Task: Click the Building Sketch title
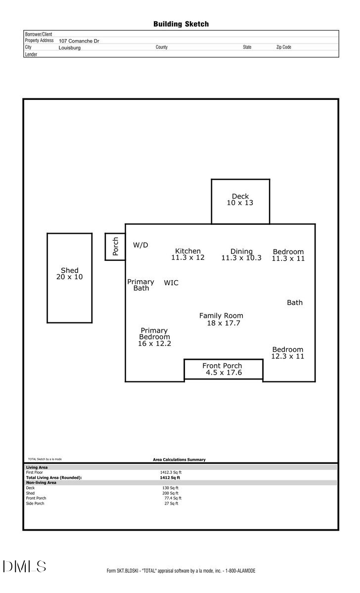180,24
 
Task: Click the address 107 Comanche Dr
79,41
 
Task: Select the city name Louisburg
69,48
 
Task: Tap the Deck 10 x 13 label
240,200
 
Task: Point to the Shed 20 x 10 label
70,274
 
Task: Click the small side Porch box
115,247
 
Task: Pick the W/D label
140,245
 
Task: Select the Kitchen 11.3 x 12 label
188,254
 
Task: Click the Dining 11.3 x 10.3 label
241,254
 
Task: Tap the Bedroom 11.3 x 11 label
288,255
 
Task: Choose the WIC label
171,283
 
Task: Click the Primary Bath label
141,285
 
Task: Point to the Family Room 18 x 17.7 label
222,319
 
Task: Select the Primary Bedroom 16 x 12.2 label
154,337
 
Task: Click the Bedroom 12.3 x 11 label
288,353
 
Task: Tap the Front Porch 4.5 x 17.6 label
223,369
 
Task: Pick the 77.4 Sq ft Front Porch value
173,498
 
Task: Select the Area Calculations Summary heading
179,460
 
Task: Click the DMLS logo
24,566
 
